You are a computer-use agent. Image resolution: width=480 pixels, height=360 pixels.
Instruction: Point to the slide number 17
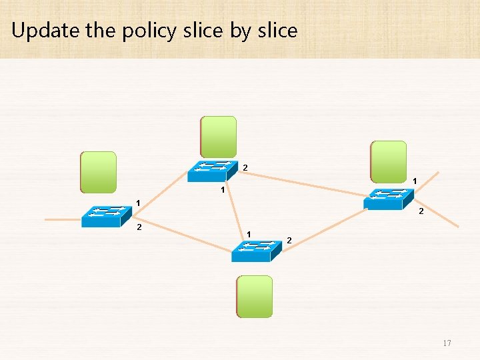coord(447,343)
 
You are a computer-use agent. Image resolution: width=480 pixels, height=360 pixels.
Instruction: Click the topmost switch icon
coord(213,171)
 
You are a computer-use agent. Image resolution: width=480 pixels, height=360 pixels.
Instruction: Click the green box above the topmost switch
coord(219,137)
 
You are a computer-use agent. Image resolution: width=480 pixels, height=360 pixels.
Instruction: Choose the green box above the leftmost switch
coord(98,172)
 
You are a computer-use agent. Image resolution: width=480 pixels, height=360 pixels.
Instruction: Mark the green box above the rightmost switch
coord(389,161)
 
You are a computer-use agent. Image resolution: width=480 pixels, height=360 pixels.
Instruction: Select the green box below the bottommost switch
coord(255,296)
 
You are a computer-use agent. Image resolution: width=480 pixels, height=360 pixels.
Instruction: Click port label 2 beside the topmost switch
coord(245,167)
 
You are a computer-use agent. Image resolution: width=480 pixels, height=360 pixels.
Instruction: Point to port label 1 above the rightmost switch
coord(415,181)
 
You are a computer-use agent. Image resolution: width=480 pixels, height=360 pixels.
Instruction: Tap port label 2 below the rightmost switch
coord(420,212)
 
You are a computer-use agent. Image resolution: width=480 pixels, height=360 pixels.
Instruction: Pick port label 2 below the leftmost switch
coord(139,228)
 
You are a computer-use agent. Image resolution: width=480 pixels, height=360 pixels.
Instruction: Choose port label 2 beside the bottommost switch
coord(289,239)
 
